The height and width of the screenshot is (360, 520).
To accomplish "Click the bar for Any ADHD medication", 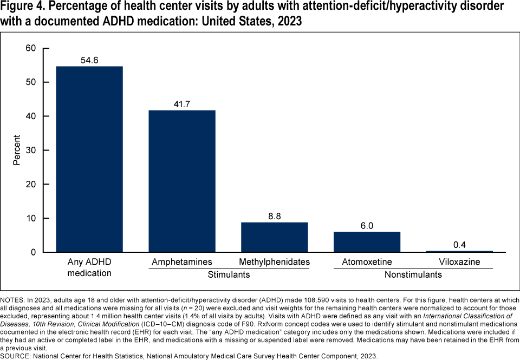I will (89, 159).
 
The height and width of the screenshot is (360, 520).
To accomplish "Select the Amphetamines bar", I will (182, 181).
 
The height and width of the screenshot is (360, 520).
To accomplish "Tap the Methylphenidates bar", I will (275, 237).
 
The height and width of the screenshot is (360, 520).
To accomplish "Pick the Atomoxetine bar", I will (367, 242).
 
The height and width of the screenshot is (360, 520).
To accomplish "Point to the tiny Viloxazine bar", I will (459, 251).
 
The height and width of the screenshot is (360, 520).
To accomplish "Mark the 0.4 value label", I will (459, 245).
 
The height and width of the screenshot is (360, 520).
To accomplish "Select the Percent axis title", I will (17, 150).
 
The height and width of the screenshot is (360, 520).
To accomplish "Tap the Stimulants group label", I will (229, 275).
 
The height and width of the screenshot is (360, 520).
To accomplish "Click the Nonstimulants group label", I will (413, 275).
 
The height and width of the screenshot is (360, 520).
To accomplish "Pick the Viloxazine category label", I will (459, 263).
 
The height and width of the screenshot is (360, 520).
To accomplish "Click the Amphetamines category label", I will (182, 263).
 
